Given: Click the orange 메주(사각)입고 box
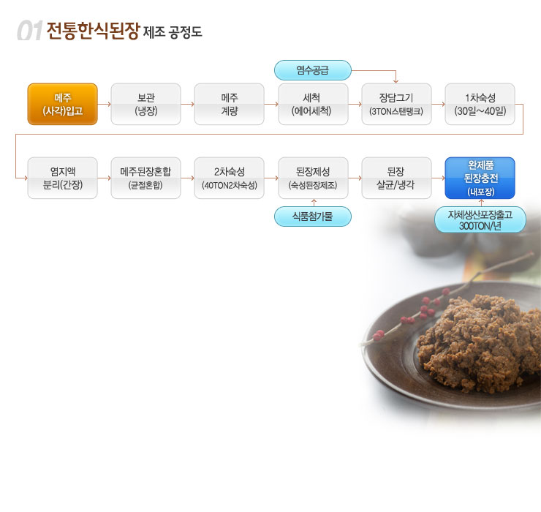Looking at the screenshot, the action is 62,104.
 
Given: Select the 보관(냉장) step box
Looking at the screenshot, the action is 146,104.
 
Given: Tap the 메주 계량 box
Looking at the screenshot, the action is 229,104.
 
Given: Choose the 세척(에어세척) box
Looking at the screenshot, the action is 313,104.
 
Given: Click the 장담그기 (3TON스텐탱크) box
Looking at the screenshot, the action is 396,104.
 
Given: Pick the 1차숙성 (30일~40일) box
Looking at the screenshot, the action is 480,104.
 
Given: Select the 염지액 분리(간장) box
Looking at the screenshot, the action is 62,178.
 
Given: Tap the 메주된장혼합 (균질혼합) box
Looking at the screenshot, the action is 146,178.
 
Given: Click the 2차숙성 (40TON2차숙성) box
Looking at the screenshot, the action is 229,178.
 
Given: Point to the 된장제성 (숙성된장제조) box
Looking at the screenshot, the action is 313,178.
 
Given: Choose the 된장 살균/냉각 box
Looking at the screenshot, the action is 396,178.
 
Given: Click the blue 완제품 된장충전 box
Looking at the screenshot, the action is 480,178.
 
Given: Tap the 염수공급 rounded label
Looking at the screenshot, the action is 313,70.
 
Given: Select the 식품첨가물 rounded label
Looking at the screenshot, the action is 313,217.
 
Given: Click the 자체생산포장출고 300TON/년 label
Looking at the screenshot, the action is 480,219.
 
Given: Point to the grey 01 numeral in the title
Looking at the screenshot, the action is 30,31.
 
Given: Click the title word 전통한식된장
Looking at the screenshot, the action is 93,31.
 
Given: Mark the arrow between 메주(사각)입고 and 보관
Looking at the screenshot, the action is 105,104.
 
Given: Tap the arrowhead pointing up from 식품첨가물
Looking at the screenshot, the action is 314,200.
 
